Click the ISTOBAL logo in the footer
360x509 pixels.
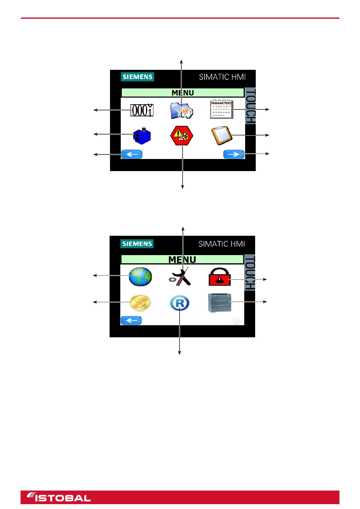[x=59, y=497]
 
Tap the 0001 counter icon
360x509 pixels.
[x=142, y=110]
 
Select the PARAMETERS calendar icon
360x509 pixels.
[x=222, y=109]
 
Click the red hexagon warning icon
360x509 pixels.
[x=182, y=136]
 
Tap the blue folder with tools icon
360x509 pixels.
[x=181, y=111]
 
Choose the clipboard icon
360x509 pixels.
[x=222, y=135]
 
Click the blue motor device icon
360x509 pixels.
[x=142, y=136]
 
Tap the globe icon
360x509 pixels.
[x=140, y=277]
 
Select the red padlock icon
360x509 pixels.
[x=220, y=277]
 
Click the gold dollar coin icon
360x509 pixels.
[x=140, y=303]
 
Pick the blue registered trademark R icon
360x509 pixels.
[x=180, y=303]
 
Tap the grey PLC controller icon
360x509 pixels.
[x=220, y=303]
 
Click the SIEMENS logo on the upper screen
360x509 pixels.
[x=138, y=77]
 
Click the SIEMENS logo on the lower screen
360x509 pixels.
[x=137, y=244]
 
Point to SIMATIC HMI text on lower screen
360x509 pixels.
[x=222, y=244]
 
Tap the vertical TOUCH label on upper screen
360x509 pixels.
[x=250, y=106]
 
